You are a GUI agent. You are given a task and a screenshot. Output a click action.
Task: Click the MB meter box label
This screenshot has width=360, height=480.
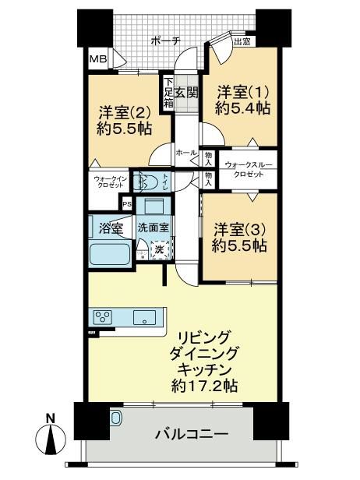coord(98,58)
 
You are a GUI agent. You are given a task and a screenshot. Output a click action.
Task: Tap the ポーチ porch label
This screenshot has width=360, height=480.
coord(166,41)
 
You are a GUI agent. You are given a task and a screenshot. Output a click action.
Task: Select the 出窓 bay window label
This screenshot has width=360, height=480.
coord(242,42)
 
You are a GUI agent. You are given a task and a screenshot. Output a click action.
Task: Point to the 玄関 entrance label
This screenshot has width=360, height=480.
coord(186,93)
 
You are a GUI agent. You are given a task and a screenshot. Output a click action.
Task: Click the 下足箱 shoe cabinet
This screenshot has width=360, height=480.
coord(168,93)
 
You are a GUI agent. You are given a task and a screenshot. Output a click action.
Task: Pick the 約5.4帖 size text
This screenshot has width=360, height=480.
coord(242,108)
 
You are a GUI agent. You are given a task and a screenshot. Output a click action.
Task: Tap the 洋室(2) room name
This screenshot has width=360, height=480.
coord(125,114)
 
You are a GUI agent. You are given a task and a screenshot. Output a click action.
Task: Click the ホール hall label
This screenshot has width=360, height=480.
coord(186,153)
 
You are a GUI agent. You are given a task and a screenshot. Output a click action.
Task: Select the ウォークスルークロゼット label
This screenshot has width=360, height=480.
coord(249,170)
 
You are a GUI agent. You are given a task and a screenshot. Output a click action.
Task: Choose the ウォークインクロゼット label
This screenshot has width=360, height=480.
coord(109,182)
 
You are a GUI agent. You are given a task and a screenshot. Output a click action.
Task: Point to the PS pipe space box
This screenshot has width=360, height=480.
coord(126,204)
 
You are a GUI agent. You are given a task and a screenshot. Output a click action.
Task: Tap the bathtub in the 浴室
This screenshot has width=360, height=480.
coord(110,253)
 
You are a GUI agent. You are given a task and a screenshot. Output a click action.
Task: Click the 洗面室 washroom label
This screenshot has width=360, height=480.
coord(153,228)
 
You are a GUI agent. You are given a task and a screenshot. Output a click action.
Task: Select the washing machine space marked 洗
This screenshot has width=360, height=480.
coord(160,249)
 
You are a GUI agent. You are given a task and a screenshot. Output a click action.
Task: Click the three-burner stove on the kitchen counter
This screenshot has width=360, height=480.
coord(104,316)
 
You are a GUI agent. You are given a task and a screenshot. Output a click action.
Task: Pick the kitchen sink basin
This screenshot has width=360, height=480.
coord(144,317)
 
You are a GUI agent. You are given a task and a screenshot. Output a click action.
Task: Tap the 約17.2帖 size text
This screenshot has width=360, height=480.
coord(204,386)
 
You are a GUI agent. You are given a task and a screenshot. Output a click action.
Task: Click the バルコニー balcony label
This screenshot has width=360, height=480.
coord(192,434)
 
